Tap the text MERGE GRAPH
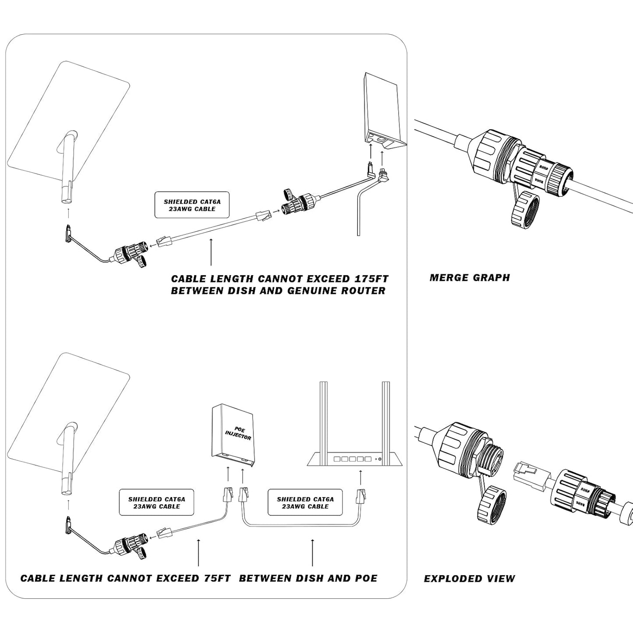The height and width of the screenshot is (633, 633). (470, 277)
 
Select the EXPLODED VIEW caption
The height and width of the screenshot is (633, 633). (469, 578)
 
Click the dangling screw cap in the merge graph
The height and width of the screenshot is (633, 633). (525, 210)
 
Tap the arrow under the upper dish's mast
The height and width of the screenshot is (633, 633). (67, 213)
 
